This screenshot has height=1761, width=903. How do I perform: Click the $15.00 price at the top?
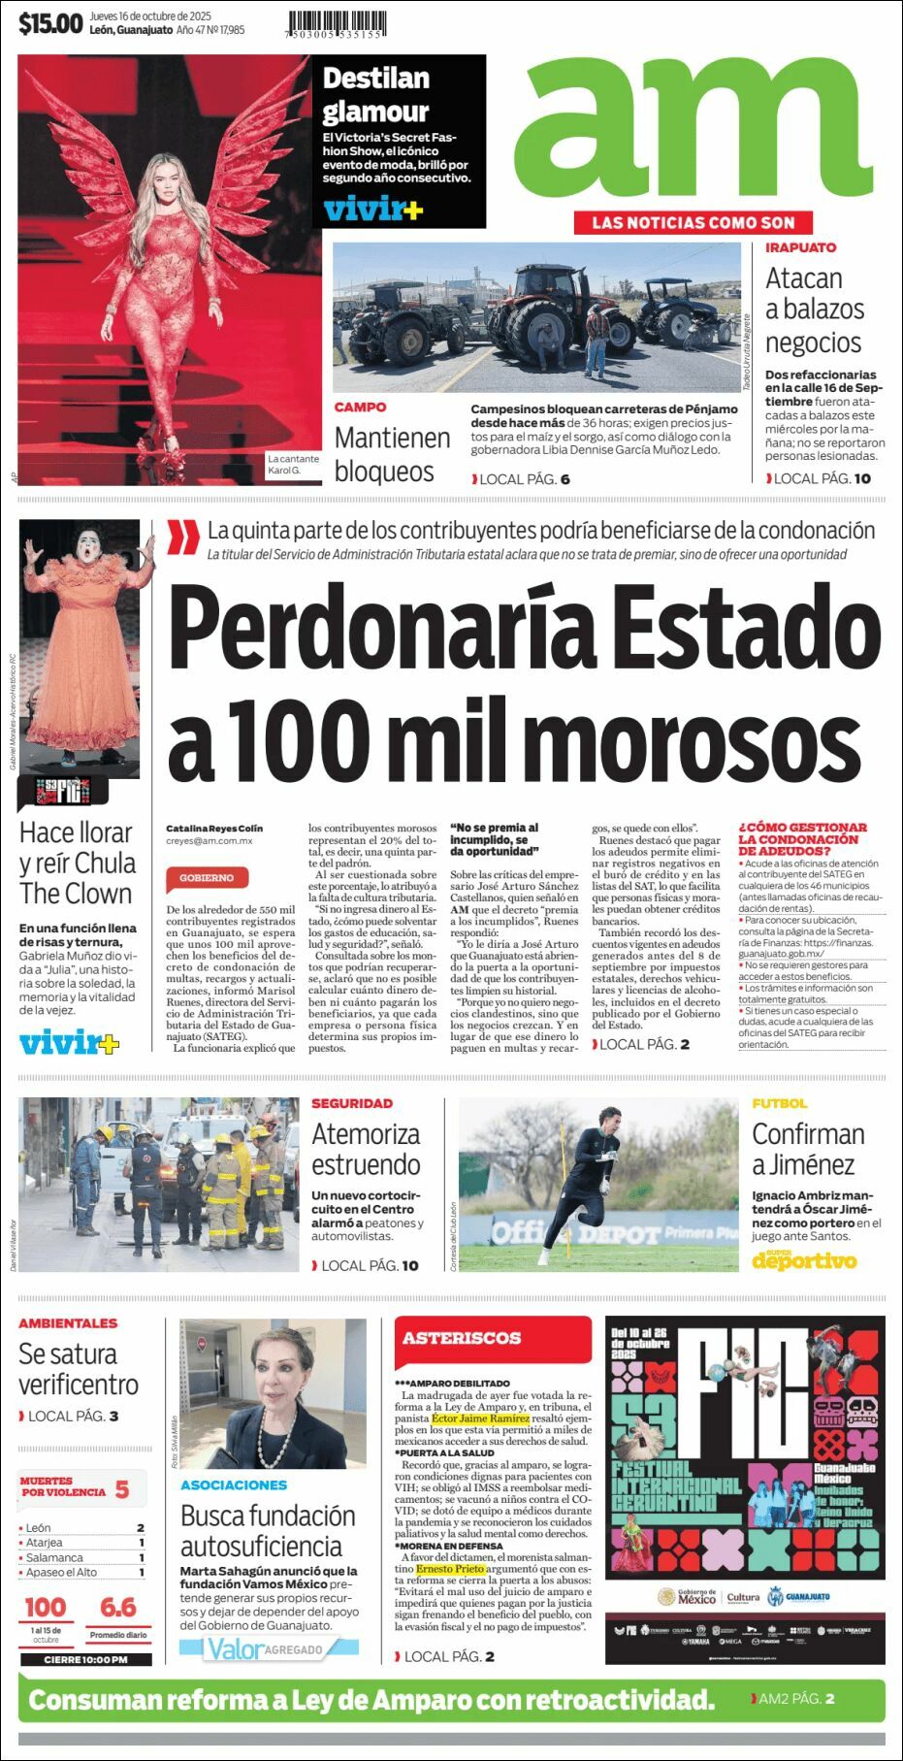[x=50, y=23]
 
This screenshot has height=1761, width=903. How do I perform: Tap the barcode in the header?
[x=337, y=23]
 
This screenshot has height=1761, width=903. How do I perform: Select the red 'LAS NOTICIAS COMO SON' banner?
[x=693, y=222]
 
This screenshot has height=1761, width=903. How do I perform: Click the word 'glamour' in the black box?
[x=375, y=112]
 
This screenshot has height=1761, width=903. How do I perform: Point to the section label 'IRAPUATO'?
[x=800, y=247]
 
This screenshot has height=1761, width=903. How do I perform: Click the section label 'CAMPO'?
[x=360, y=408]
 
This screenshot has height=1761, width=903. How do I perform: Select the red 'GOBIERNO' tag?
[x=207, y=877]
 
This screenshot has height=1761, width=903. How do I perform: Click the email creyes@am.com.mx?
[x=209, y=841]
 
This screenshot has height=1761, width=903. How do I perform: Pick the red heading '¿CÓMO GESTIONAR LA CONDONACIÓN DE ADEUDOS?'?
[x=802, y=839]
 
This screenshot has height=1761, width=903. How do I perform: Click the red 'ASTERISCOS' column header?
[x=462, y=1338]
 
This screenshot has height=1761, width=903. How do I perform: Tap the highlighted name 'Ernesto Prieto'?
[x=450, y=1569]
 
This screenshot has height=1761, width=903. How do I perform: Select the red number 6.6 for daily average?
[x=118, y=1608]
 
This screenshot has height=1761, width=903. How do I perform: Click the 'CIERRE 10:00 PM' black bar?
[x=85, y=1660]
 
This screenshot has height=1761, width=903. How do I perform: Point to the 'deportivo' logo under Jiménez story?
[x=804, y=1261]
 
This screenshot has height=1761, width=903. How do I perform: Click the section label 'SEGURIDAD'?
[x=352, y=1103]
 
